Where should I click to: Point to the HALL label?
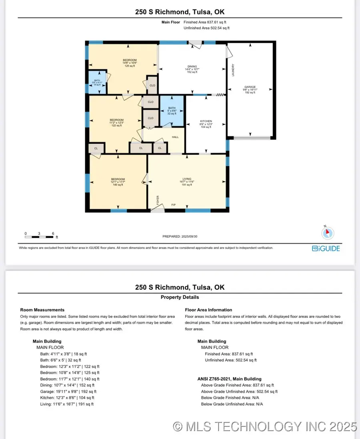pyautogui.click(x=176, y=137)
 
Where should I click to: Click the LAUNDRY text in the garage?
pyautogui.click(x=233, y=70)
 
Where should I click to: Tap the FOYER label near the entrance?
pyautogui.click(x=158, y=199)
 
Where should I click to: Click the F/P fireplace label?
pyautogui.click(x=174, y=205)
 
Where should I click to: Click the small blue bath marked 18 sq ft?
pyautogui.click(x=97, y=82)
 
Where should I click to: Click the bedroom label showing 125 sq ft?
pyautogui.click(x=129, y=63)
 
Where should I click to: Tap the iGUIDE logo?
pyautogui.click(x=326, y=249)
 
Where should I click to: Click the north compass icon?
pyautogui.click(x=328, y=232)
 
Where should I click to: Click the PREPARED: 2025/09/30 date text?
pyautogui.click(x=180, y=237)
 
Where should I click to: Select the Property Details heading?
pyautogui.click(x=180, y=297)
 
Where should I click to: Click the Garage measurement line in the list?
pyautogui.click(x=68, y=391)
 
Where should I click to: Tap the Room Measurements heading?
pyautogui.click(x=42, y=310)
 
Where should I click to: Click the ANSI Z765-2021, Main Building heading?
pyautogui.click(x=229, y=379)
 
